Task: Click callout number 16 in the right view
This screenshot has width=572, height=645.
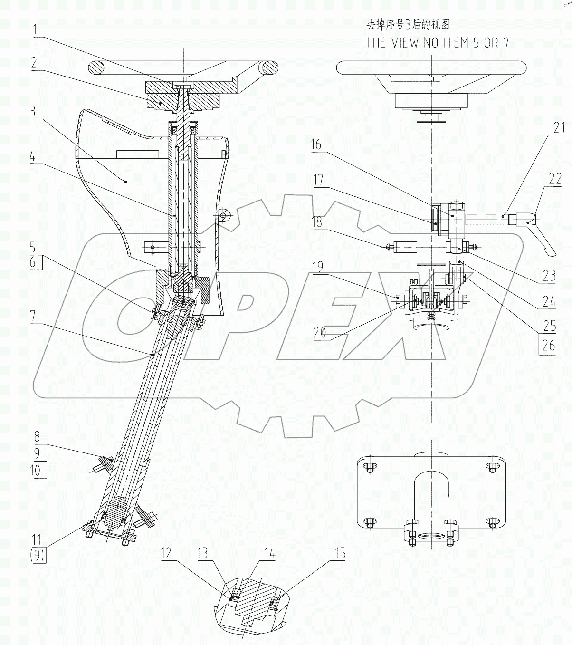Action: (x=316, y=145)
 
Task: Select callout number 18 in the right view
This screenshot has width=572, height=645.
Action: (x=317, y=222)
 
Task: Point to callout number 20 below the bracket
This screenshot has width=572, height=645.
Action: (x=320, y=333)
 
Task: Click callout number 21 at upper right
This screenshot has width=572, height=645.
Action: (x=559, y=127)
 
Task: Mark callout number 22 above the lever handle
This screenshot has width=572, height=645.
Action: (x=555, y=179)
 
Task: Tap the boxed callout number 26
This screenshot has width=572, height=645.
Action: (x=548, y=345)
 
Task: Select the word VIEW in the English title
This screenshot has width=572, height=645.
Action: (x=408, y=42)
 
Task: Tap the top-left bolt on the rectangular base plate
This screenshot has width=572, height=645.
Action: (x=370, y=469)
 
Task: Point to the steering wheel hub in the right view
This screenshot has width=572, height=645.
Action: (x=430, y=101)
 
